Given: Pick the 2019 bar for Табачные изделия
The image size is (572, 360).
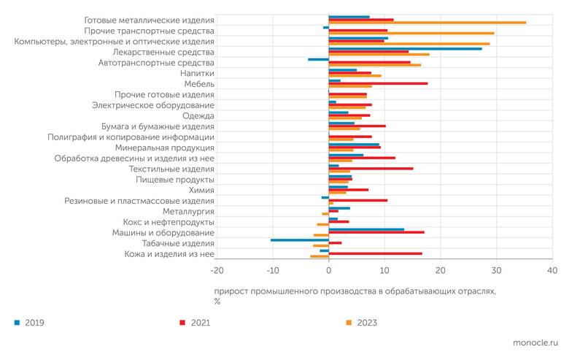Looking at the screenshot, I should [x=299, y=240].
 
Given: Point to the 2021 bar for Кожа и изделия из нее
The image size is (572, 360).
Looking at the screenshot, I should [x=375, y=253].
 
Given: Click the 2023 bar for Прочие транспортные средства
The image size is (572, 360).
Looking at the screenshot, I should [x=411, y=33].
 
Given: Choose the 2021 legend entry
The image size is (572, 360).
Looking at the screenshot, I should [x=200, y=322].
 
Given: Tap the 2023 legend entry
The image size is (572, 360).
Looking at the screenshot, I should [x=366, y=322].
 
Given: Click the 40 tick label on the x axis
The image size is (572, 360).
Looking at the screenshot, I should [x=552, y=271].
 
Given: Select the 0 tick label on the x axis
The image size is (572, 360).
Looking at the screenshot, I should [x=329, y=271].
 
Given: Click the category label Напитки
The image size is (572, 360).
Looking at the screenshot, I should [x=197, y=74].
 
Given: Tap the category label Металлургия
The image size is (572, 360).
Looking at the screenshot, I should [x=190, y=211].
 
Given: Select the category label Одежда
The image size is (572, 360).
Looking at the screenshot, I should [x=198, y=116].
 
